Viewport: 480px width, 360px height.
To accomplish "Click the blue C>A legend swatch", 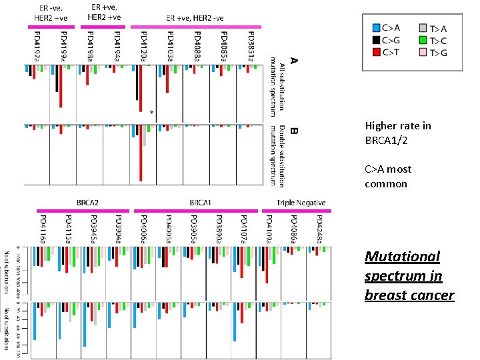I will point(377,28).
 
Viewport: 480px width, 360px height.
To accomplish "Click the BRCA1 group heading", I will point(197,202).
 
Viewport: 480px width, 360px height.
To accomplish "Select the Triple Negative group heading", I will point(301,202).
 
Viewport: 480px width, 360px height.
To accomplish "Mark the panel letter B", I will point(293,133).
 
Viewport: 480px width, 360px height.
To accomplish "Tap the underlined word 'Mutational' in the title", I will point(402,257).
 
